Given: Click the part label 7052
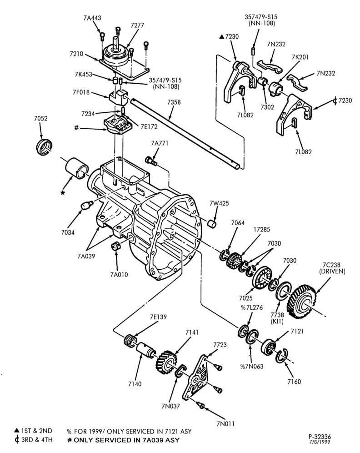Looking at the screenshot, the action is tap(41, 118).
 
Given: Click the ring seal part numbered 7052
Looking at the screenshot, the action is tap(45, 147).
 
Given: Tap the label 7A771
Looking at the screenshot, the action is tap(160, 143).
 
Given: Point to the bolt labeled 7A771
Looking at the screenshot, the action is tap(151, 161).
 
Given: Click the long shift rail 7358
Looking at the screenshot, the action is tap(185, 133).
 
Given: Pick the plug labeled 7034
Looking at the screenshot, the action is tap(85, 205).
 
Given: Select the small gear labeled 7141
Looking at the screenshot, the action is tap(166, 363).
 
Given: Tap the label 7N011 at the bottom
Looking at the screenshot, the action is tap(225, 423).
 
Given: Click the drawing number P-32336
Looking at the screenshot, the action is tap(320, 437).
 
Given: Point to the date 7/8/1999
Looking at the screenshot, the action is tap(320, 442).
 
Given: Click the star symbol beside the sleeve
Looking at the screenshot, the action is tap(63, 192).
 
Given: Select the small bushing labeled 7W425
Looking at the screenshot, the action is tap(212, 223).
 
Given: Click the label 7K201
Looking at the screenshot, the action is tap(300, 57).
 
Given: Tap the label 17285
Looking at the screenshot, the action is tap(261, 229).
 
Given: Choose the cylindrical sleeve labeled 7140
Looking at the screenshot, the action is tap(145, 350).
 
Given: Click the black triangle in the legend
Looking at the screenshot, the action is tap(17, 431).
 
